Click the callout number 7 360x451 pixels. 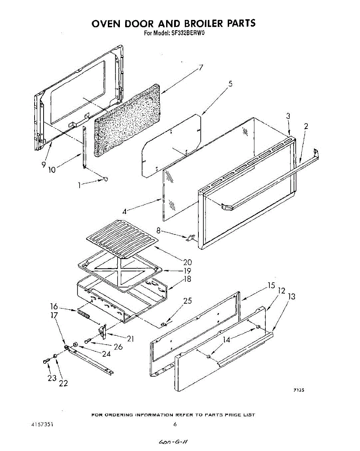pyautogui.click(x=201, y=68)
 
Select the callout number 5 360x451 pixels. pyautogui.click(x=230, y=84)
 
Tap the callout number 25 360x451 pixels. pyautogui.click(x=188, y=301)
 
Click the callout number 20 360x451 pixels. pyautogui.click(x=188, y=262)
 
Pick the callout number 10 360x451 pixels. pyautogui.click(x=51, y=170)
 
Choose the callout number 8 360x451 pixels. pyautogui.click(x=158, y=230)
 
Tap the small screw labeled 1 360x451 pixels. pyautogui.click(x=106, y=179)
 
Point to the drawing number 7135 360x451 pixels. pyautogui.click(x=299, y=390)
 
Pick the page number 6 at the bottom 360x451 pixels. pyautogui.click(x=175, y=424)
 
